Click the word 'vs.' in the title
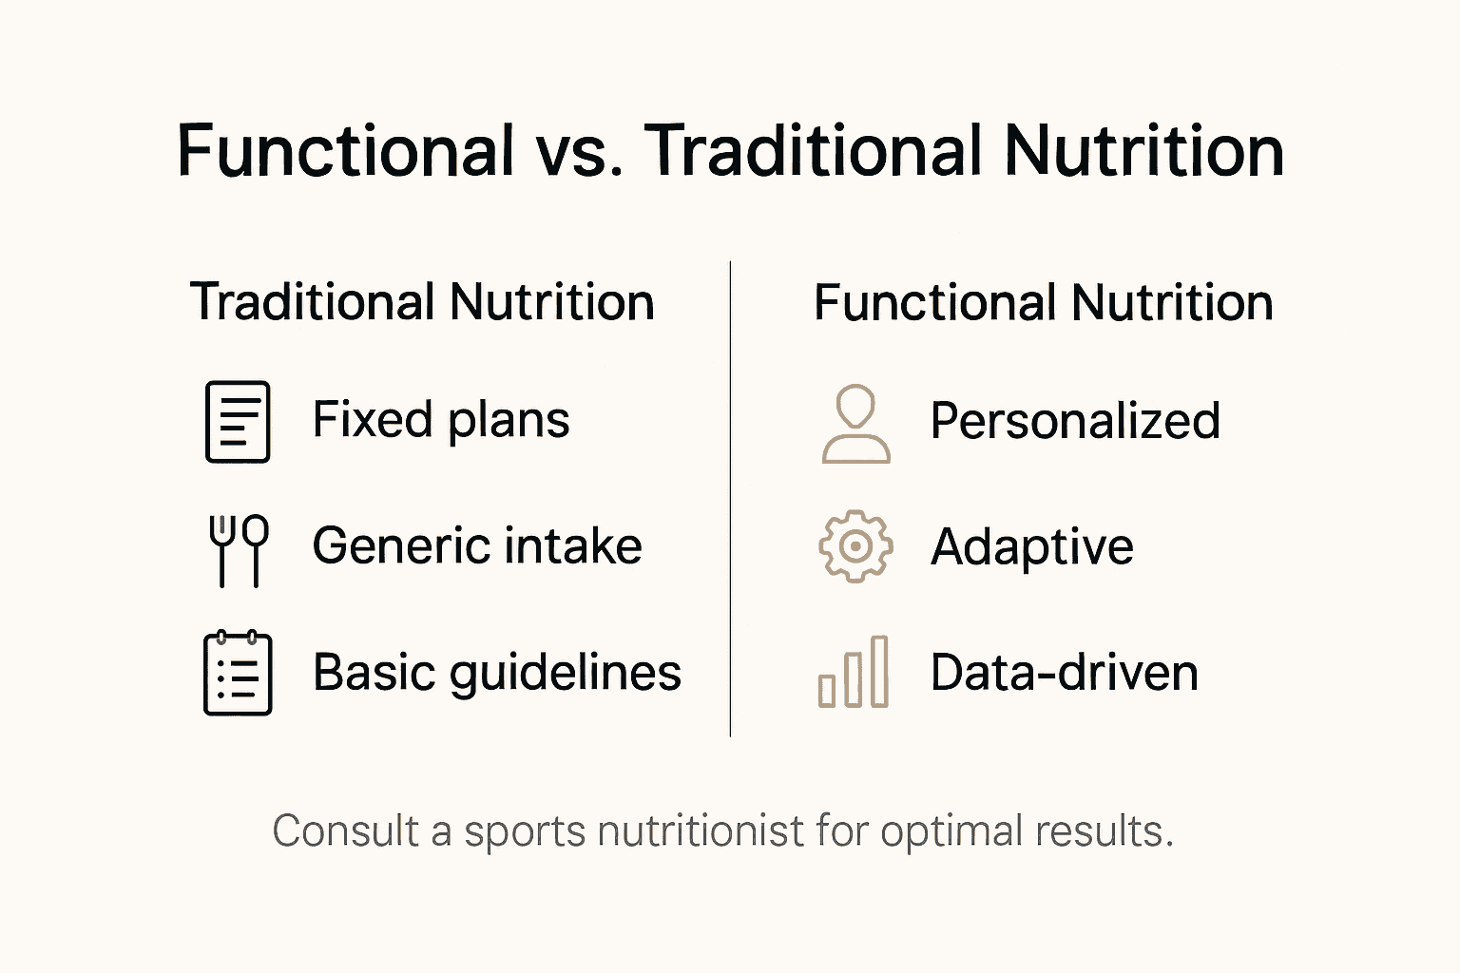coord(580,152)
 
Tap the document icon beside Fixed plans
coord(238,422)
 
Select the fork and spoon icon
coord(238,549)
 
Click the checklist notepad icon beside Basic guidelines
coord(238,673)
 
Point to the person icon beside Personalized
coord(855,424)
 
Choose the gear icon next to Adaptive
coord(855,546)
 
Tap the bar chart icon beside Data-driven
coord(854,673)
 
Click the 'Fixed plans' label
coord(441,420)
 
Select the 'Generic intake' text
coord(477,546)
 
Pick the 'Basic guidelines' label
coord(497,673)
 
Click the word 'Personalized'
coord(1075,421)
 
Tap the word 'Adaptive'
coord(1032,547)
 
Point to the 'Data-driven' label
coord(1065,673)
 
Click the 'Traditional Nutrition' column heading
coord(422,302)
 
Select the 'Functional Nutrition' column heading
coord(1044,303)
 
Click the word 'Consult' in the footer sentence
coord(345,831)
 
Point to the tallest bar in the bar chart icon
coord(879,672)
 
